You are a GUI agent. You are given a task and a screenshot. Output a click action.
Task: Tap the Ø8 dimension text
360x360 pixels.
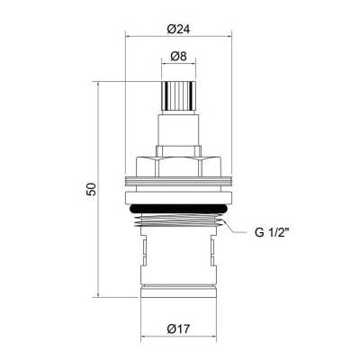point(178,56)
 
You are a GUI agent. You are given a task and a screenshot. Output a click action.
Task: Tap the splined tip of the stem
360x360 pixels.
point(178,94)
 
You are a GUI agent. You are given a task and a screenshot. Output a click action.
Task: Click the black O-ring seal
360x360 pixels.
point(178,211)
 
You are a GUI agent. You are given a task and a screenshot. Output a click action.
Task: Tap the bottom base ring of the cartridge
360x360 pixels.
point(178,293)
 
